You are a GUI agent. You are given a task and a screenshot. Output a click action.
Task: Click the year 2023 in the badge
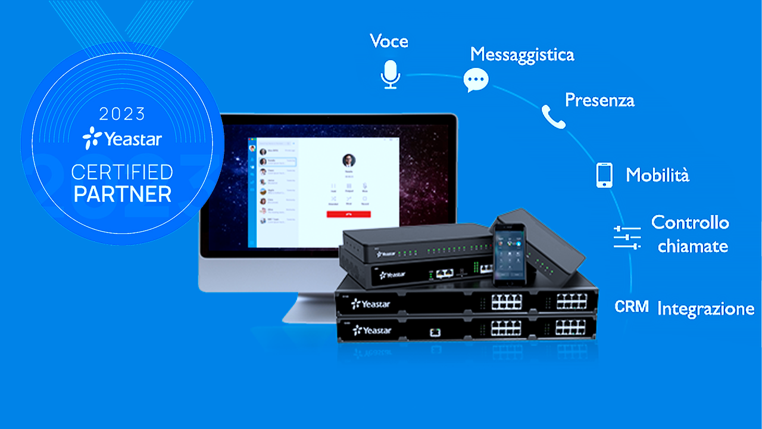point(122,113)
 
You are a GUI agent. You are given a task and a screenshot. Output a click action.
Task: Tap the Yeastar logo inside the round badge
point(122,138)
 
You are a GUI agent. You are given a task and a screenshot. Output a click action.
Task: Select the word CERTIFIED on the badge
point(122,173)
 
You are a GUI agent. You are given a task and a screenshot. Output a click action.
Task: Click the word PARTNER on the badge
point(122,194)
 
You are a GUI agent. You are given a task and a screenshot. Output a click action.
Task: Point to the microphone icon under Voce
point(391,74)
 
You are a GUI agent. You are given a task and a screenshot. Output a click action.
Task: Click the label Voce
point(389,41)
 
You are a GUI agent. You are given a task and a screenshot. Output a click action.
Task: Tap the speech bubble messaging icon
point(476,80)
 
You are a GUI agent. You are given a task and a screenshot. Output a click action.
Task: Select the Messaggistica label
point(522,55)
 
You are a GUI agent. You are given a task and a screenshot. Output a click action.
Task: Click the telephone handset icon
point(553,117)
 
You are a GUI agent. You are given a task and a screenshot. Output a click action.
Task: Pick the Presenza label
point(599,100)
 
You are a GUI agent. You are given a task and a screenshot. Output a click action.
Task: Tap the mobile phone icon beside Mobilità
point(604,175)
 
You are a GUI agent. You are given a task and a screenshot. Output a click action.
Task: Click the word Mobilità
point(657,175)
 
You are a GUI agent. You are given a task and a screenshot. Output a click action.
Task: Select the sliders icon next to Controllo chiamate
point(627,237)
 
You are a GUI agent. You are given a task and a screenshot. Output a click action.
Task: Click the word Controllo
point(690,223)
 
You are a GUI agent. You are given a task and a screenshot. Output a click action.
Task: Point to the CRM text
point(632,307)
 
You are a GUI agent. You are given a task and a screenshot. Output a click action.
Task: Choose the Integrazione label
point(705,309)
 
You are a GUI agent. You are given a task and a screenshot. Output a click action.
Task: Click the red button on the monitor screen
point(348,213)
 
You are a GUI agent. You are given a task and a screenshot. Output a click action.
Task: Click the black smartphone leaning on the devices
point(508,253)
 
